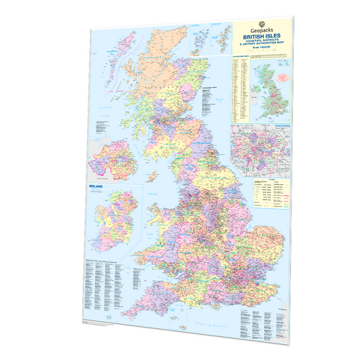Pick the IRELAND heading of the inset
[94, 186]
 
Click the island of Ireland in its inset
[108, 220]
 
